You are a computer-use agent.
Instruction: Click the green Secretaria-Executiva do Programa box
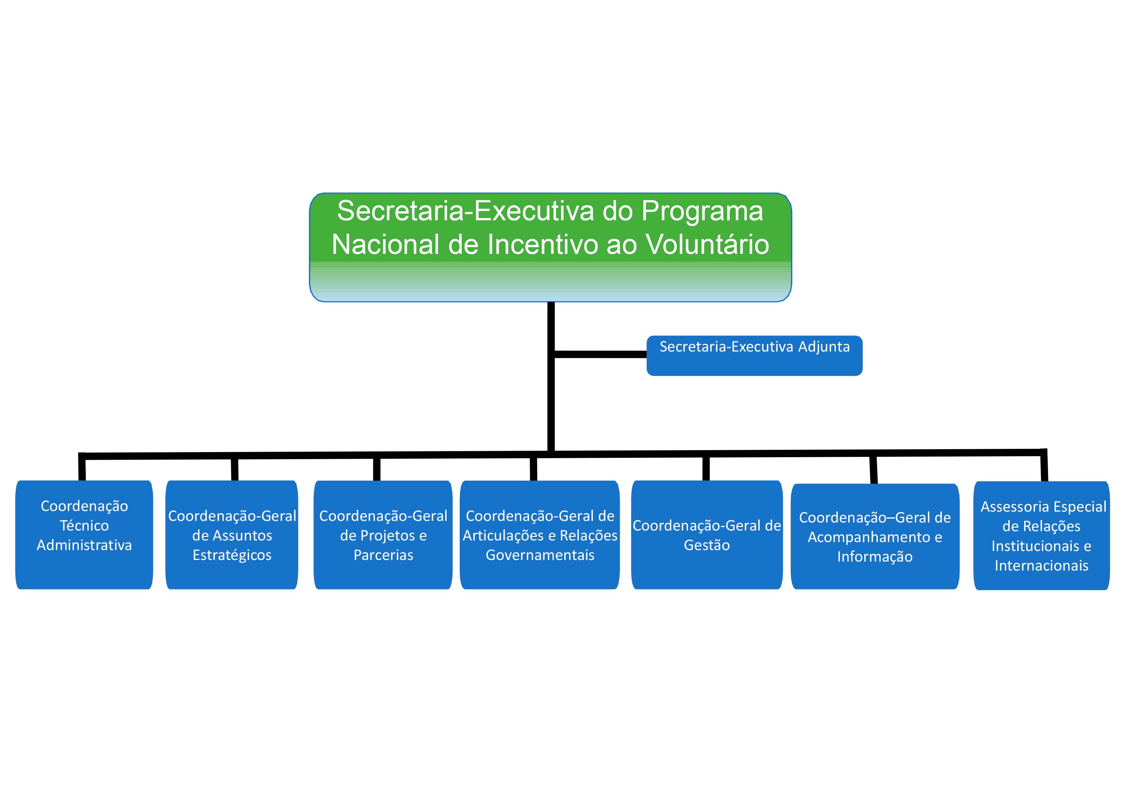(x=550, y=247)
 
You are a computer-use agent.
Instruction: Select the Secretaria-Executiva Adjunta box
(x=754, y=356)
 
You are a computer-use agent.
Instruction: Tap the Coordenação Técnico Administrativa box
(x=84, y=535)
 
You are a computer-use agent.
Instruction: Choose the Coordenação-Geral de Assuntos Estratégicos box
(x=232, y=535)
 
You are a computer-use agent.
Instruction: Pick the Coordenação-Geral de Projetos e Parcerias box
(x=383, y=535)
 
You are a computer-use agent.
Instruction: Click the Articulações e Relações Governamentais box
(x=540, y=535)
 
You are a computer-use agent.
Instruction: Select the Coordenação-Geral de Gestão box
(x=707, y=535)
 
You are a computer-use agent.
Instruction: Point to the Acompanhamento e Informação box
(x=875, y=536)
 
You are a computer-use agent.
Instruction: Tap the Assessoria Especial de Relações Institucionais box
(x=1041, y=536)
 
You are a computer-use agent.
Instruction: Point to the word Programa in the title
(x=702, y=211)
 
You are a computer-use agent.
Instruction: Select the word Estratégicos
(x=232, y=555)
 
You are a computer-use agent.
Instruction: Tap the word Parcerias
(x=384, y=555)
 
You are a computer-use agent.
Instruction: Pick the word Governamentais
(x=540, y=555)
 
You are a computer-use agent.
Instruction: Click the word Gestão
(x=707, y=545)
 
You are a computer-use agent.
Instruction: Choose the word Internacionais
(x=1041, y=565)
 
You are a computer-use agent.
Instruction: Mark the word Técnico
(x=84, y=525)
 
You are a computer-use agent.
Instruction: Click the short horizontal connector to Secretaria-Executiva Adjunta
(x=601, y=354)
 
